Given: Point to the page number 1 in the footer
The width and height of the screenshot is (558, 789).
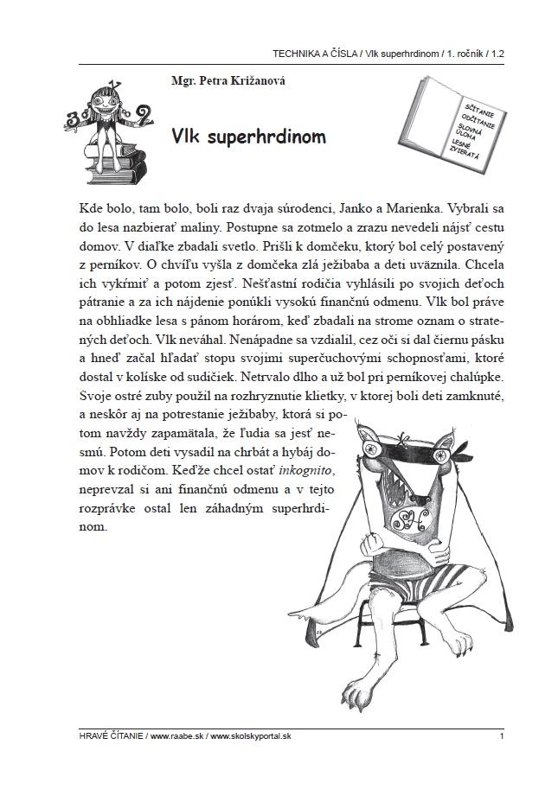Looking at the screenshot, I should pyautogui.click(x=502, y=736).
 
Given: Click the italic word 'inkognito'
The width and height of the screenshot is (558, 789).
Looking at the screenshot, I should pyautogui.click(x=307, y=468).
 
